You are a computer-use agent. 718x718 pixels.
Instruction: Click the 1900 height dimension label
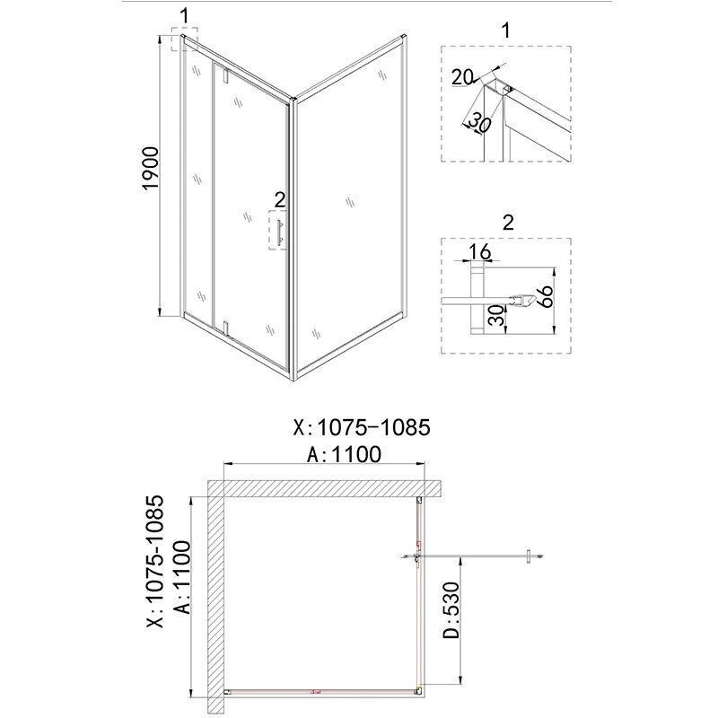151,168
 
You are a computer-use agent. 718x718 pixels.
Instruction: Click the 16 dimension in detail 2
480,251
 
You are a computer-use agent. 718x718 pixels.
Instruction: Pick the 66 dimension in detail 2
546,296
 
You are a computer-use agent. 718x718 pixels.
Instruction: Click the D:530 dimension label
451,610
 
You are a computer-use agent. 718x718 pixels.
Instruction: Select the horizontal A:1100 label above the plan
344,454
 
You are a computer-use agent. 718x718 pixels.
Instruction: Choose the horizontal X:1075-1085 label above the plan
362,428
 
